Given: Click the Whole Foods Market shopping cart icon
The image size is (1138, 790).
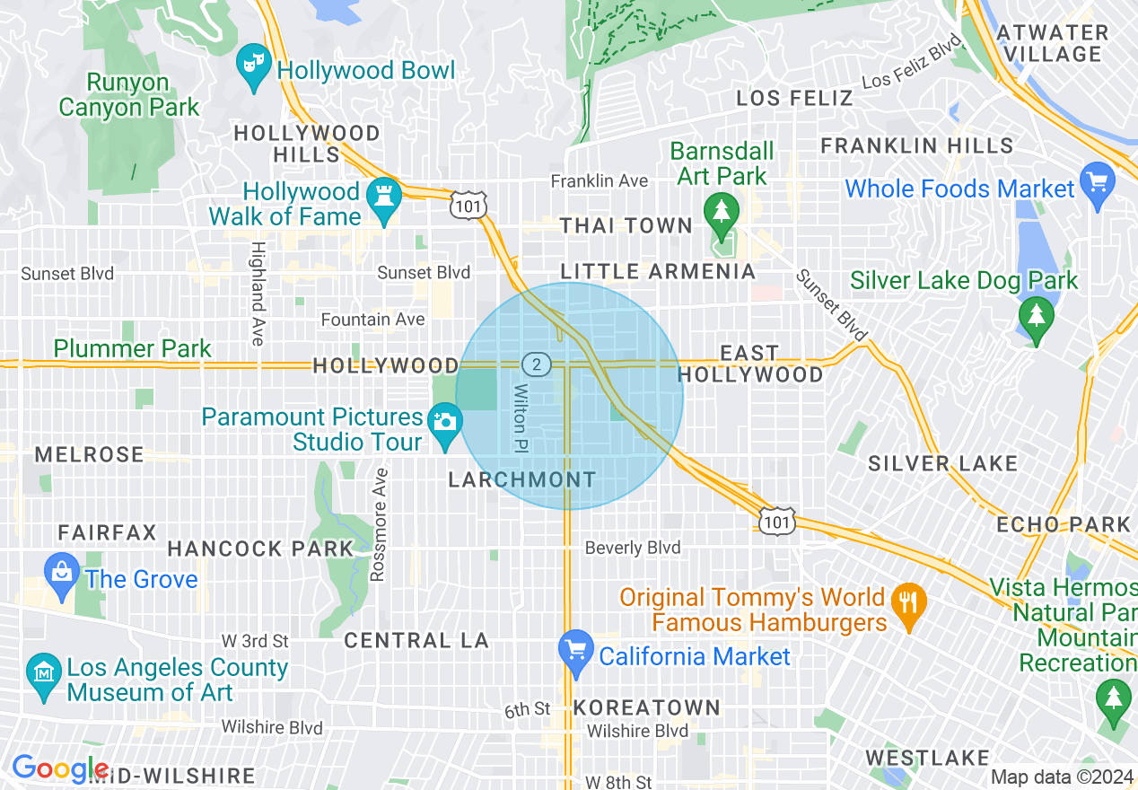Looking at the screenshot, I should click(x=1097, y=184).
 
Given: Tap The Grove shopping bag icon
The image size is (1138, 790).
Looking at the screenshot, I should click(x=62, y=575).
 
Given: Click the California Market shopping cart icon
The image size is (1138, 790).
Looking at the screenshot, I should click(x=575, y=652).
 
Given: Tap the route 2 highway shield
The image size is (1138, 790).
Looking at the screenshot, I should click(x=536, y=364).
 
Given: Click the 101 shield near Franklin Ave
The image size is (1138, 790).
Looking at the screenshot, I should click(x=470, y=206).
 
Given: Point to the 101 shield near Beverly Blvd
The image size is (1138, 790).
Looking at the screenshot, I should click(x=775, y=522).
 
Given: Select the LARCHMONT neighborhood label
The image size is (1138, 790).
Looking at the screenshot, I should click(x=521, y=480).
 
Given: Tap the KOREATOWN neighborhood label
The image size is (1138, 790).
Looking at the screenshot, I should click(x=646, y=707).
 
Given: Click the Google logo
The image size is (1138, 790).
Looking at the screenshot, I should click(x=59, y=768).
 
